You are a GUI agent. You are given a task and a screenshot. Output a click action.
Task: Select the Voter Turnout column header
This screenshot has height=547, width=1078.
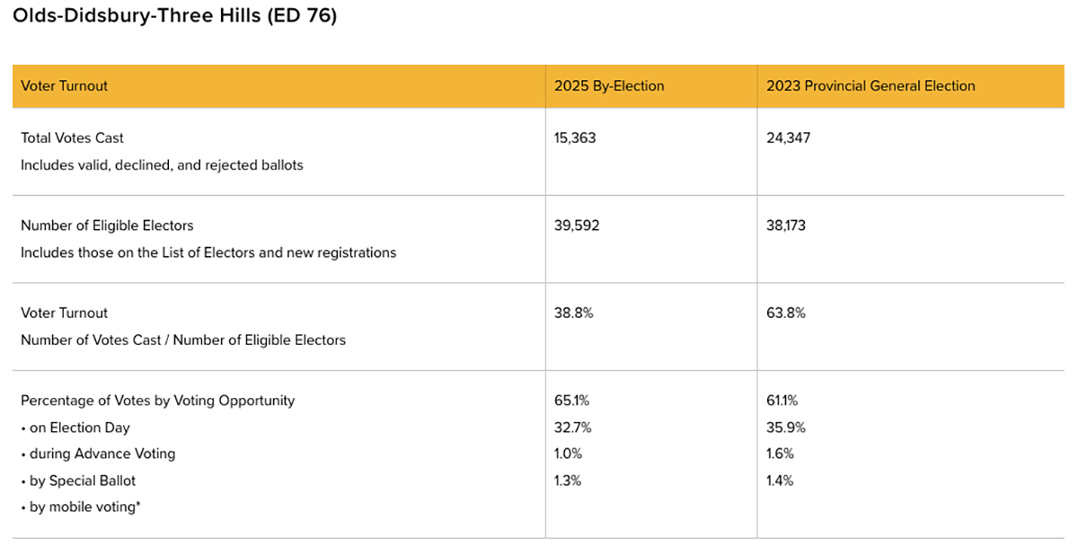pyautogui.click(x=64, y=86)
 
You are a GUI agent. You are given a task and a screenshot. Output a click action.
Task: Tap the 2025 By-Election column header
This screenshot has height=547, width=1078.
pyautogui.click(x=609, y=86)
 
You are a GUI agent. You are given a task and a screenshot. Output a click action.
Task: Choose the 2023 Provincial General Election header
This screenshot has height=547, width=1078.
pyautogui.click(x=870, y=86)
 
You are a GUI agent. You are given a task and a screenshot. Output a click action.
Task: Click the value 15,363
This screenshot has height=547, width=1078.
pyautogui.click(x=575, y=138)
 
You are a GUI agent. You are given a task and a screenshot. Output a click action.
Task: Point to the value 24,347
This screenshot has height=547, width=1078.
pyautogui.click(x=788, y=138)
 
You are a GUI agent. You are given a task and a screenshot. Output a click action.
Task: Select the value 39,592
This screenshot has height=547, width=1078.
pyautogui.click(x=577, y=225)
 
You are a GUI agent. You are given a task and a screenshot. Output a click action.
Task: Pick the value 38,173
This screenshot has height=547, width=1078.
pyautogui.click(x=786, y=225)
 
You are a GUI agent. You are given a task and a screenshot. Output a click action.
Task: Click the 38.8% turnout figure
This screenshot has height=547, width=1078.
pyautogui.click(x=574, y=313)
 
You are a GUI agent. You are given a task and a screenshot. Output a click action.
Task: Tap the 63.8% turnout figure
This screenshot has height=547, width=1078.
pyautogui.click(x=786, y=313)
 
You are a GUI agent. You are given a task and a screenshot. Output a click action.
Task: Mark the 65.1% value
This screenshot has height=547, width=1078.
pyautogui.click(x=572, y=401)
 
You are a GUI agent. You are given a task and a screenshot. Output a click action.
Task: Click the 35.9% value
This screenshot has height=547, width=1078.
pyautogui.click(x=785, y=428)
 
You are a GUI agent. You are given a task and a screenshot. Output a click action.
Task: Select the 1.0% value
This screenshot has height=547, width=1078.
pyautogui.click(x=569, y=454)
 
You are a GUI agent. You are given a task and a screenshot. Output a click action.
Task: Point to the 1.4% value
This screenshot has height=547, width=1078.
pyautogui.click(x=781, y=481)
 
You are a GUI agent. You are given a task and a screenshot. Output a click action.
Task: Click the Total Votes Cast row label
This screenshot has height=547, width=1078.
pyautogui.click(x=72, y=138)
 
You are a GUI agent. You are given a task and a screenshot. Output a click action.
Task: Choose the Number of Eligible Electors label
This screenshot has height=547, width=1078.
pyautogui.click(x=107, y=225)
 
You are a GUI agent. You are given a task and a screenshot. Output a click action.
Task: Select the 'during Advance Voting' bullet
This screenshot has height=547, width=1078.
pyautogui.click(x=98, y=454)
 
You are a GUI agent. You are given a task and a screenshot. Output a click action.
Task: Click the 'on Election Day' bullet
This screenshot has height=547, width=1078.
pyautogui.click(x=75, y=428)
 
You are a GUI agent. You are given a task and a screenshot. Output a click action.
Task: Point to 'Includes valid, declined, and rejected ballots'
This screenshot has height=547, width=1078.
pyautogui.click(x=162, y=165)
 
